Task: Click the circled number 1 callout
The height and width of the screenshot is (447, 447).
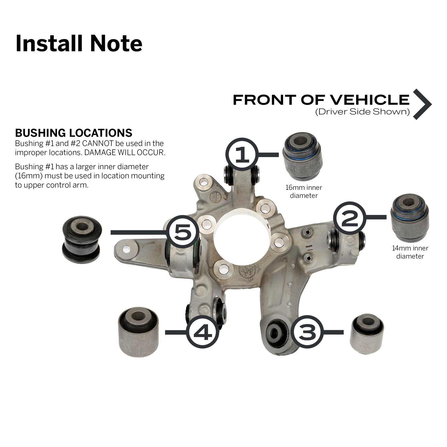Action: pyautogui.click(x=242, y=154)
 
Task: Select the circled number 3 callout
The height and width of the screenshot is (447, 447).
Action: pyautogui.click(x=307, y=332)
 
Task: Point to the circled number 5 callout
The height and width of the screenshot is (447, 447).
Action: pyautogui.click(x=182, y=232)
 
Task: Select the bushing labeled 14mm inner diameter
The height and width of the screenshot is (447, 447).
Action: pyautogui.click(x=410, y=218)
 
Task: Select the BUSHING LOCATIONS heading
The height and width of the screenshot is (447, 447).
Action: pyautogui.click(x=74, y=133)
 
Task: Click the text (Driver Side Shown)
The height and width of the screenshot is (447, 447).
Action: pyautogui.click(x=362, y=112)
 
